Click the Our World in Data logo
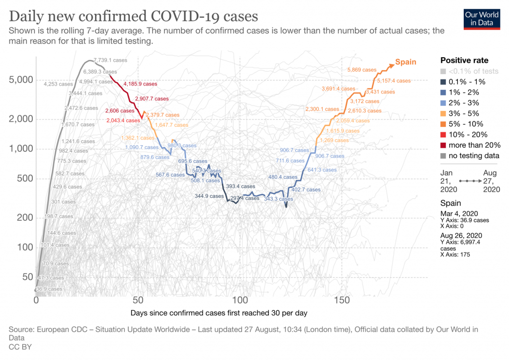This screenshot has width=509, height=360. (x=481, y=18)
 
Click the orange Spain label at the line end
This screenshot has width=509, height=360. (x=405, y=62)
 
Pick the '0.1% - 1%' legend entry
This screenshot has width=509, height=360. (x=467, y=82)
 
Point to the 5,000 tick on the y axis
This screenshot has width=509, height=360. (x=21, y=80)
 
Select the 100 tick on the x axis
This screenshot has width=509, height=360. (x=240, y=300)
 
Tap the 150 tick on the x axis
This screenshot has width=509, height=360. (x=342, y=300)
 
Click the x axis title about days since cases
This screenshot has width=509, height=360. (x=220, y=313)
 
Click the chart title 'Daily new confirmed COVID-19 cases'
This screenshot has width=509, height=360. (x=134, y=16)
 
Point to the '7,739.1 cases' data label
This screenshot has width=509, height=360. (x=110, y=60)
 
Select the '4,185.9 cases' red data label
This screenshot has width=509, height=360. (x=140, y=84)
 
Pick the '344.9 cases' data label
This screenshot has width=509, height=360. (x=209, y=196)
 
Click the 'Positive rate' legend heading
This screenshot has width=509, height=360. (x=464, y=60)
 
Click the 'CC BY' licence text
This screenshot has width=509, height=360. (x=20, y=347)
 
